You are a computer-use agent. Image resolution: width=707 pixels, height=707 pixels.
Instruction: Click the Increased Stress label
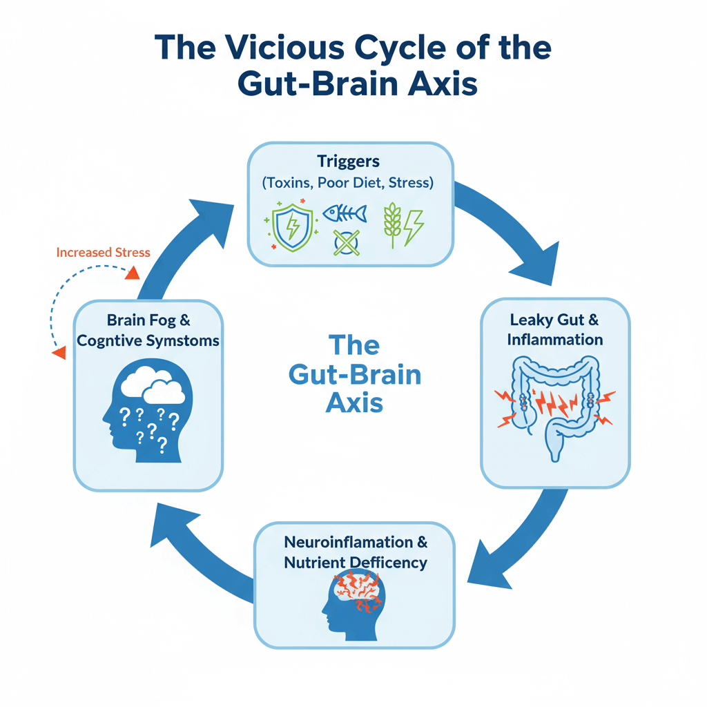tap(103, 253)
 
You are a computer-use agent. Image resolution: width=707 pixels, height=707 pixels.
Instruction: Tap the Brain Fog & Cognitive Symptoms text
tap(148, 331)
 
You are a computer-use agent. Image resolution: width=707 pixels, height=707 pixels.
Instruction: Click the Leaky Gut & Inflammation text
tap(554, 330)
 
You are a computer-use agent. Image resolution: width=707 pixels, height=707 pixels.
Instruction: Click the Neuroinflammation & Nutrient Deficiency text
tap(355, 552)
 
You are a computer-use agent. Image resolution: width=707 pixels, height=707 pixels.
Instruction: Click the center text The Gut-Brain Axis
tap(354, 374)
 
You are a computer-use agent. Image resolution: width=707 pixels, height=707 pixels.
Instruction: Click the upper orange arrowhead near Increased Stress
tap(129, 275)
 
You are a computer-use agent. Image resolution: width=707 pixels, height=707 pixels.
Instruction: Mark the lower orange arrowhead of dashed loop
tap(59, 352)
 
